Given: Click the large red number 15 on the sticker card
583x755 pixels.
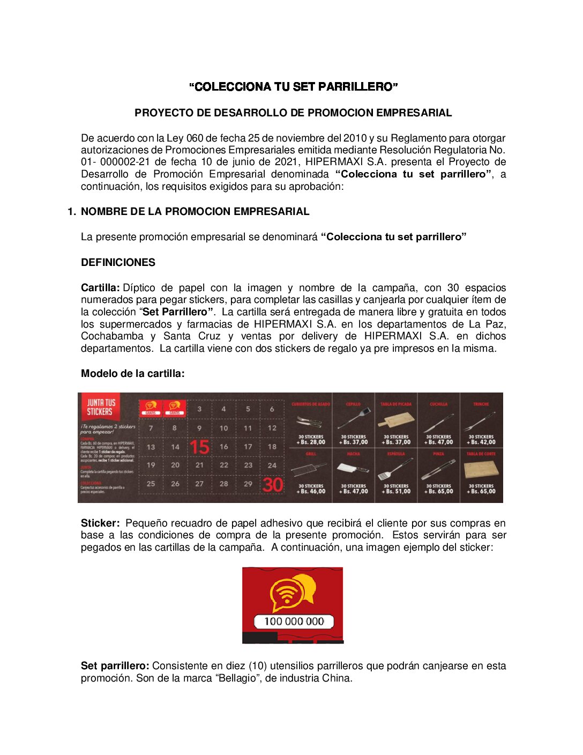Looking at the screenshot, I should click(x=199, y=447).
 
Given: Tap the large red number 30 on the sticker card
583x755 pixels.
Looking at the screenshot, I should click(x=272, y=485).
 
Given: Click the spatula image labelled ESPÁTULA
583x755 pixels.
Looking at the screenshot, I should click(x=395, y=470).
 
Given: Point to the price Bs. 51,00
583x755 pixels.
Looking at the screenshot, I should click(x=396, y=492).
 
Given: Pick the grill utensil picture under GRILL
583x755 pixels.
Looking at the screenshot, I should click(x=310, y=470).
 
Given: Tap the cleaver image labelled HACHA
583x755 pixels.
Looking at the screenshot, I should click(x=353, y=468).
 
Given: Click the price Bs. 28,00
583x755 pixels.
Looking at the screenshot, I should click(x=311, y=442).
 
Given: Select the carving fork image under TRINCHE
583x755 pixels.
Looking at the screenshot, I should click(x=481, y=421).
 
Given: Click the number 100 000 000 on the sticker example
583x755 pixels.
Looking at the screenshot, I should click(x=294, y=621).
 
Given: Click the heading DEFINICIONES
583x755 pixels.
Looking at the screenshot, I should click(x=118, y=263).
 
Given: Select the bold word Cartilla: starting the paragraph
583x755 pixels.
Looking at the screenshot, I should click(x=100, y=288).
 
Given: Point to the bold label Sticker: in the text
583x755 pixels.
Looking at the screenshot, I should click(x=100, y=523).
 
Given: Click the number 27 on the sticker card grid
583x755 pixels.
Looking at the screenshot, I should click(x=199, y=484).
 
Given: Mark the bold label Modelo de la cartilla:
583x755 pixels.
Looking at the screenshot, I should click(x=132, y=374).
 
